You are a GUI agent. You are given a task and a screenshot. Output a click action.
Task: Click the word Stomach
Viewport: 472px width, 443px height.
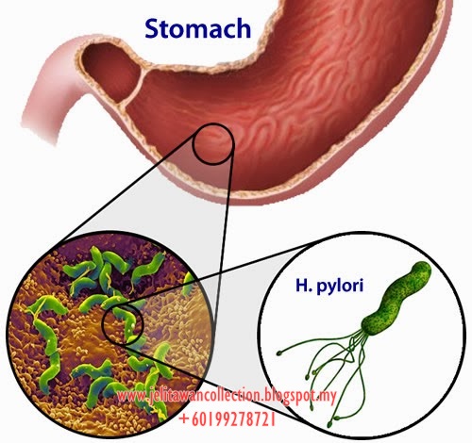pyautogui.click(x=197, y=28)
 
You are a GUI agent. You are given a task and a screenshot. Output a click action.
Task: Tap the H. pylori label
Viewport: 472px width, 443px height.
pyautogui.click(x=329, y=286)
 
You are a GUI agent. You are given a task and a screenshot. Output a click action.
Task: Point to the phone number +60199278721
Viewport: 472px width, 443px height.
pyautogui.click(x=228, y=418)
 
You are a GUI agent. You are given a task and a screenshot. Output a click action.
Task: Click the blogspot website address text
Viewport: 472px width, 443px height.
pyautogui.click(x=227, y=395)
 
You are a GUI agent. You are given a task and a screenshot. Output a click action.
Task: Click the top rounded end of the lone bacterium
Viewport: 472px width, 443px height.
pyautogui.click(x=422, y=270)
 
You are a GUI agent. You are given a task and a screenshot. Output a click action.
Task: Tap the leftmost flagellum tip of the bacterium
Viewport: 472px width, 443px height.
pyautogui.click(x=278, y=353)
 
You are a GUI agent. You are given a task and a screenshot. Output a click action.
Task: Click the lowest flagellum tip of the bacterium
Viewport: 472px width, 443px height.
pyautogui.click(x=329, y=425)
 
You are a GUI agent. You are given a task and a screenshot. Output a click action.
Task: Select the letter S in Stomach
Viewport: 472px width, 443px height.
pyautogui.click(x=153, y=28)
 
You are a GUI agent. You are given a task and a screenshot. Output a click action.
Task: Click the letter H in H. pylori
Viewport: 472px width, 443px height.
pyautogui.click(x=302, y=285)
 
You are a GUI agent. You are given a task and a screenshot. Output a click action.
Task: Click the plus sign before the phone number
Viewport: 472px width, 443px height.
pyautogui.click(x=183, y=419)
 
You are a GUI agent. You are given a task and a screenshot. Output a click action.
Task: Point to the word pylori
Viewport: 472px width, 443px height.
pyautogui.click(x=340, y=287)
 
